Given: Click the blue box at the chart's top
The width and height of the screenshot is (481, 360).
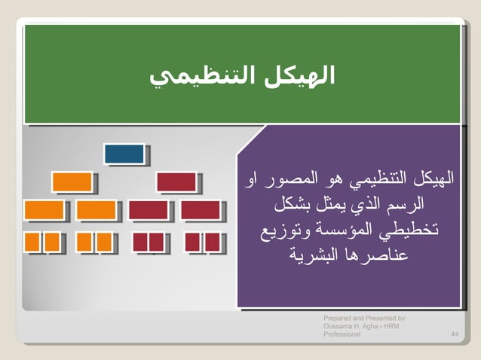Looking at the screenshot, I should pyautogui.click(x=124, y=154).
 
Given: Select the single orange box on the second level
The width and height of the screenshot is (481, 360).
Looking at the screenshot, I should pyautogui.click(x=72, y=182).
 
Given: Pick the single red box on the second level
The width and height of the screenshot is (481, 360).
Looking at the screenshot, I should pyautogui.click(x=176, y=182).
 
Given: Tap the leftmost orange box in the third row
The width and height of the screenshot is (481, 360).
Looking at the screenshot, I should pyautogui.click(x=44, y=209).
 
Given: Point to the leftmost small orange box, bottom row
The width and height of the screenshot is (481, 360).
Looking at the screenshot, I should pyautogui.click(x=32, y=242).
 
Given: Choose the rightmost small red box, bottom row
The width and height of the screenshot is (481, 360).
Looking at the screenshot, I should pyautogui.click(x=213, y=242).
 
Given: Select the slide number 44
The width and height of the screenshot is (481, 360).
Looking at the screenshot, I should pyautogui.click(x=455, y=333).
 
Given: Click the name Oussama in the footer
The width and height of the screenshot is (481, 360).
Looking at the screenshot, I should pyautogui.click(x=339, y=325).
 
